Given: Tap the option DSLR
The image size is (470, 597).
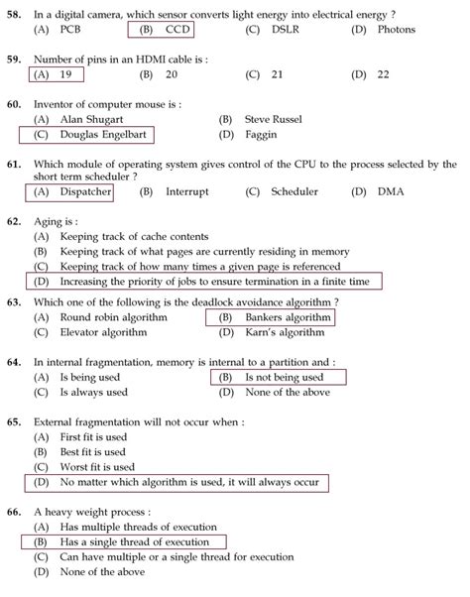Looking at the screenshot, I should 290,30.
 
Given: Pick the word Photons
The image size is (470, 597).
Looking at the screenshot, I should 397,30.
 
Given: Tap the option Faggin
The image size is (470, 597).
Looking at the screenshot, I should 260,134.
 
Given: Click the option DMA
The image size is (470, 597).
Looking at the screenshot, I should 391,191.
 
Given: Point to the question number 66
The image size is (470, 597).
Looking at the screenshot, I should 14,512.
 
